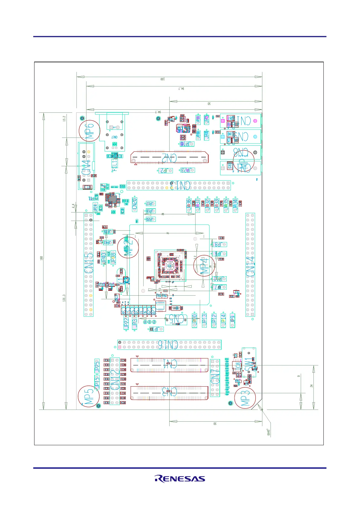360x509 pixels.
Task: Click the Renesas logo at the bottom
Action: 180,479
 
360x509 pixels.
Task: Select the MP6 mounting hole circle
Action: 89,131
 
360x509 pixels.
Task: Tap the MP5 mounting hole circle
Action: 89,396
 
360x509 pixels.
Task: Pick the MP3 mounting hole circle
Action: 245,398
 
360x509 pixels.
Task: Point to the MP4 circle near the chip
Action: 204,265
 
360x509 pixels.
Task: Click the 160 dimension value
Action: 41,258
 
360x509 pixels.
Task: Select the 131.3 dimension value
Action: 64,298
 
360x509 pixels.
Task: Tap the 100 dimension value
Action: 162,79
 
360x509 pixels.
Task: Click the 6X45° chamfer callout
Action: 268,432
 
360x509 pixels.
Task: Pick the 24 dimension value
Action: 311,386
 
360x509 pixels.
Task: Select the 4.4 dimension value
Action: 73,206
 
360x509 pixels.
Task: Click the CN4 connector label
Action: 86,167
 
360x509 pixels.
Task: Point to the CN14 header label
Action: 250,266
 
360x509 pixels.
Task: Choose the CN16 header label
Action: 168,344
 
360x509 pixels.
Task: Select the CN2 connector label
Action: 169,158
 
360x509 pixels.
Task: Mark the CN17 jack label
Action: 114,137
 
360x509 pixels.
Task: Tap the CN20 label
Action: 135,204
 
